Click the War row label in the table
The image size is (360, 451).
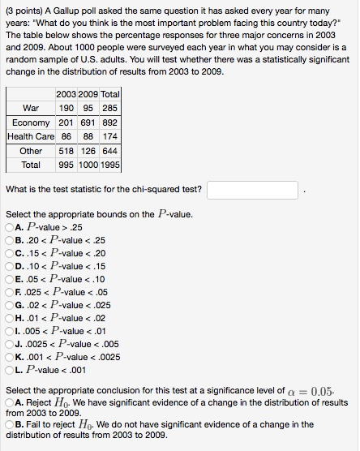pos(32,109)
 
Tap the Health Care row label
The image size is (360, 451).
pos(30,137)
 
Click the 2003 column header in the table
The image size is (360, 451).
pos(67,95)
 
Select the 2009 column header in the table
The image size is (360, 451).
pos(88,95)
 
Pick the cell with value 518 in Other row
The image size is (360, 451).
pos(67,151)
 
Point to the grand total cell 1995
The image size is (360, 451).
pos(111,165)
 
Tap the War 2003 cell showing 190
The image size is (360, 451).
pos(67,109)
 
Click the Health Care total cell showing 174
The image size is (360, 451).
pos(111,137)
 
